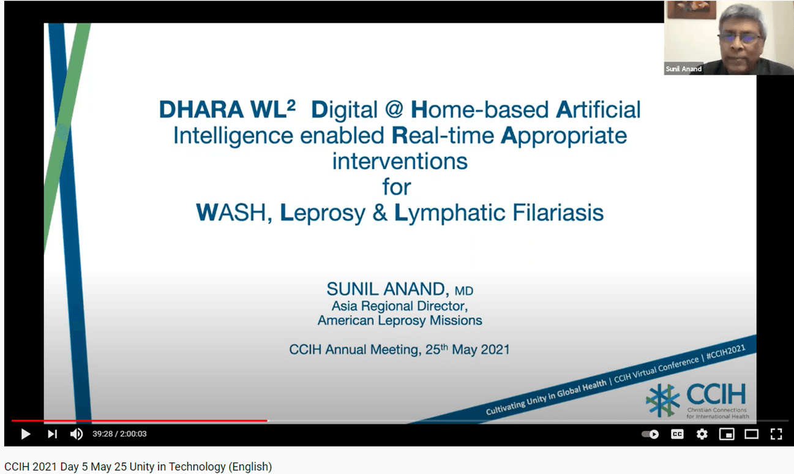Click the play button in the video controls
pos(26,434)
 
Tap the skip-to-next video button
pos(52,434)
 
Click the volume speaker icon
pos(76,434)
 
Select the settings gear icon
pos(702,434)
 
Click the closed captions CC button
pos(677,434)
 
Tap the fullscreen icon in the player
pos(776,434)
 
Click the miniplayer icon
pos(727,434)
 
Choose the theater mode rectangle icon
pos(752,434)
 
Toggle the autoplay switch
pos(650,434)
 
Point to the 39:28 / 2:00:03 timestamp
pos(119,434)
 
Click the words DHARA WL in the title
pos(223,110)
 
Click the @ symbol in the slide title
pos(394,110)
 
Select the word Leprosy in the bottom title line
pos(323,213)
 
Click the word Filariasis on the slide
pos(558,213)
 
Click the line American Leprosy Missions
pos(400,320)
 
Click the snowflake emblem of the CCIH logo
pos(662,401)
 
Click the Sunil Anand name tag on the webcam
pos(683,69)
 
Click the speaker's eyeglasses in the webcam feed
pos(740,39)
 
